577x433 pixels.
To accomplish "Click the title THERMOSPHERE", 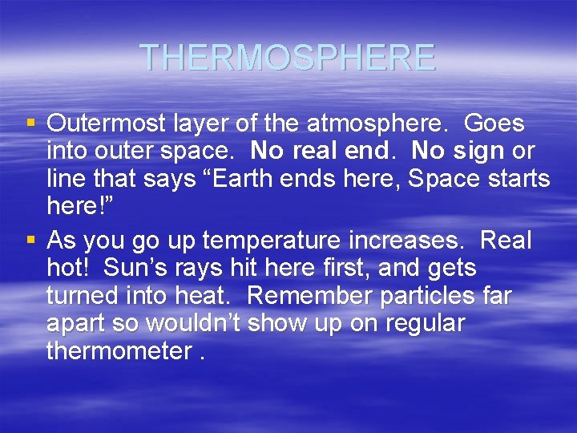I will click(x=288, y=58).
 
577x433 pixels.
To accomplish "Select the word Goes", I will click(x=494, y=124).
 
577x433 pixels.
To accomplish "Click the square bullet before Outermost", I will click(x=32, y=124).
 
